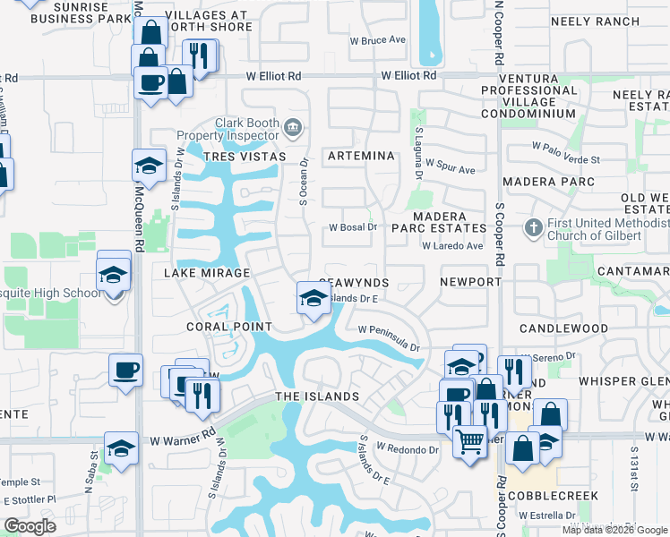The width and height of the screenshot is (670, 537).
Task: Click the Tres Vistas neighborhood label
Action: pyautogui.click(x=245, y=157)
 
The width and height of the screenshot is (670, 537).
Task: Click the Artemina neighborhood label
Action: pyautogui.click(x=361, y=156)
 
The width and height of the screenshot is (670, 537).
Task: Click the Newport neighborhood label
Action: pyautogui.click(x=470, y=282)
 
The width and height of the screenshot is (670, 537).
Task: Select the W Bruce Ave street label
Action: pyautogui.click(x=377, y=41)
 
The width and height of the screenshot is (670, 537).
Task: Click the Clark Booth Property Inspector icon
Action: pyautogui.click(x=293, y=125)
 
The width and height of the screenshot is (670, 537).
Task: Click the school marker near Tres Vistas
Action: pyautogui.click(x=150, y=166)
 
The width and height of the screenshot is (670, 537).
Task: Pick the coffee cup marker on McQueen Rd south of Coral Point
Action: pyautogui.click(x=125, y=369)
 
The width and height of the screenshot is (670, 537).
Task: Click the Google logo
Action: pyautogui.click(x=30, y=526)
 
